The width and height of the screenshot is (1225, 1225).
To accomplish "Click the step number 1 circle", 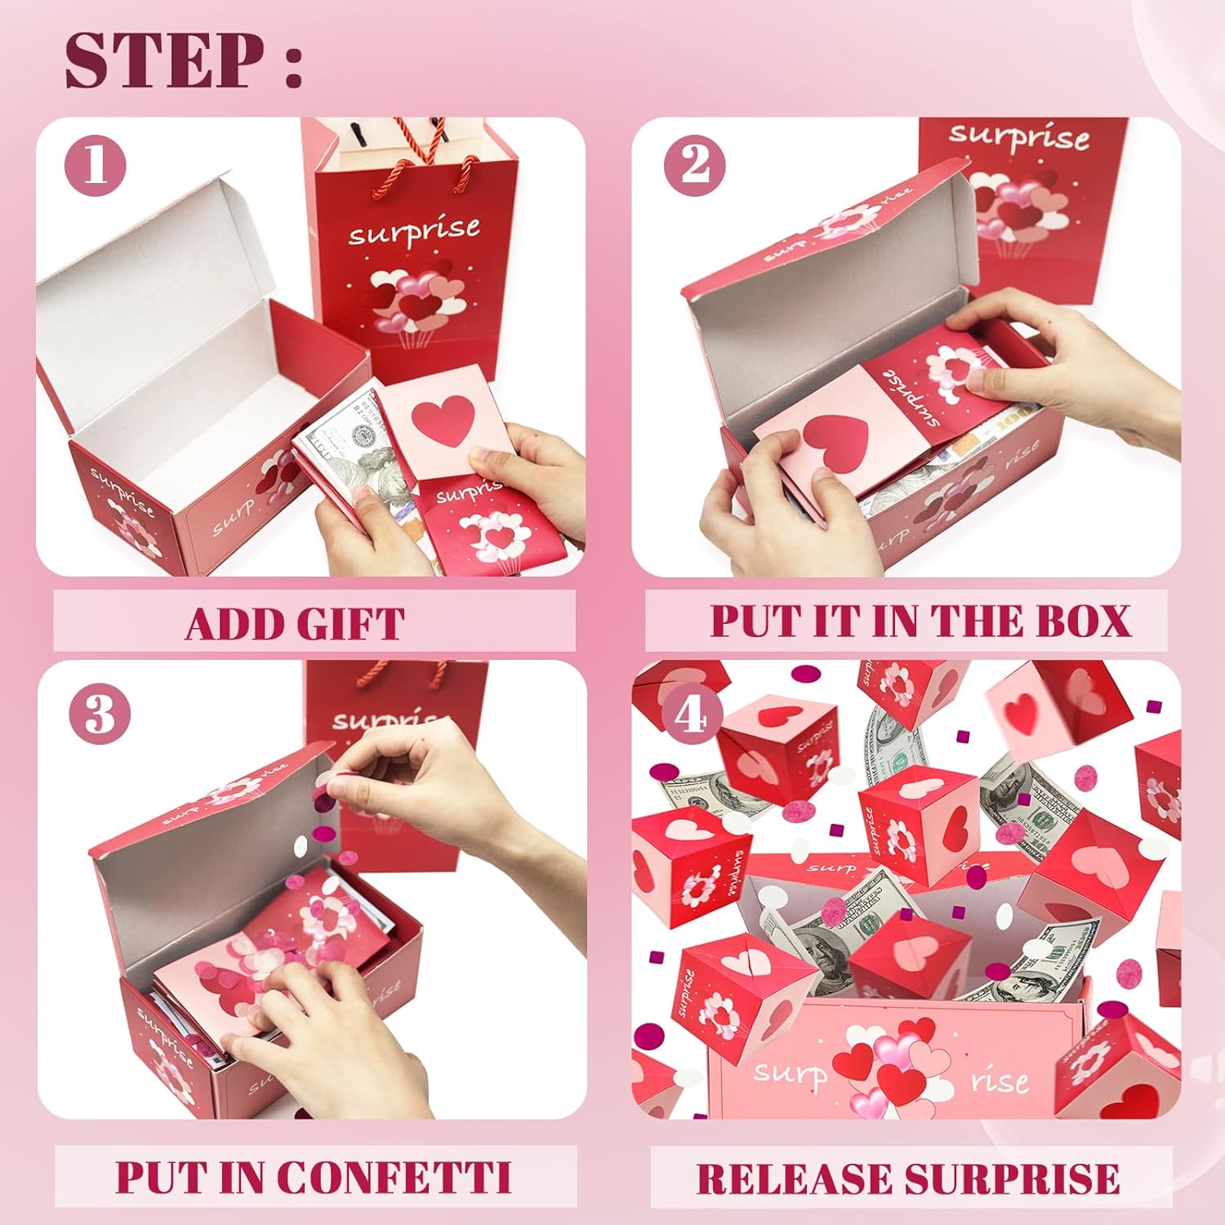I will coord(96,166).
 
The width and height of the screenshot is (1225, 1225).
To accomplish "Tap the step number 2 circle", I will coord(695,166).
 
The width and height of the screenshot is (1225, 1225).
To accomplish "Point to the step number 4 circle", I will coord(691,715).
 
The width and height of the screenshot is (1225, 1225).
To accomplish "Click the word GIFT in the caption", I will coord(350,625).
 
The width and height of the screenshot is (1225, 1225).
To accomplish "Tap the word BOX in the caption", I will coord(1083,621).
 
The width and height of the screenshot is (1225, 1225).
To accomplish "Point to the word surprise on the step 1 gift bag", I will coord(414,231).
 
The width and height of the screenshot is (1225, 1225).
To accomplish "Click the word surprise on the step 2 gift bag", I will coord(1018,136).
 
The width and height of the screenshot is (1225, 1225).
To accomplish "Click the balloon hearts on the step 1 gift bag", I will coord(415,299).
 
